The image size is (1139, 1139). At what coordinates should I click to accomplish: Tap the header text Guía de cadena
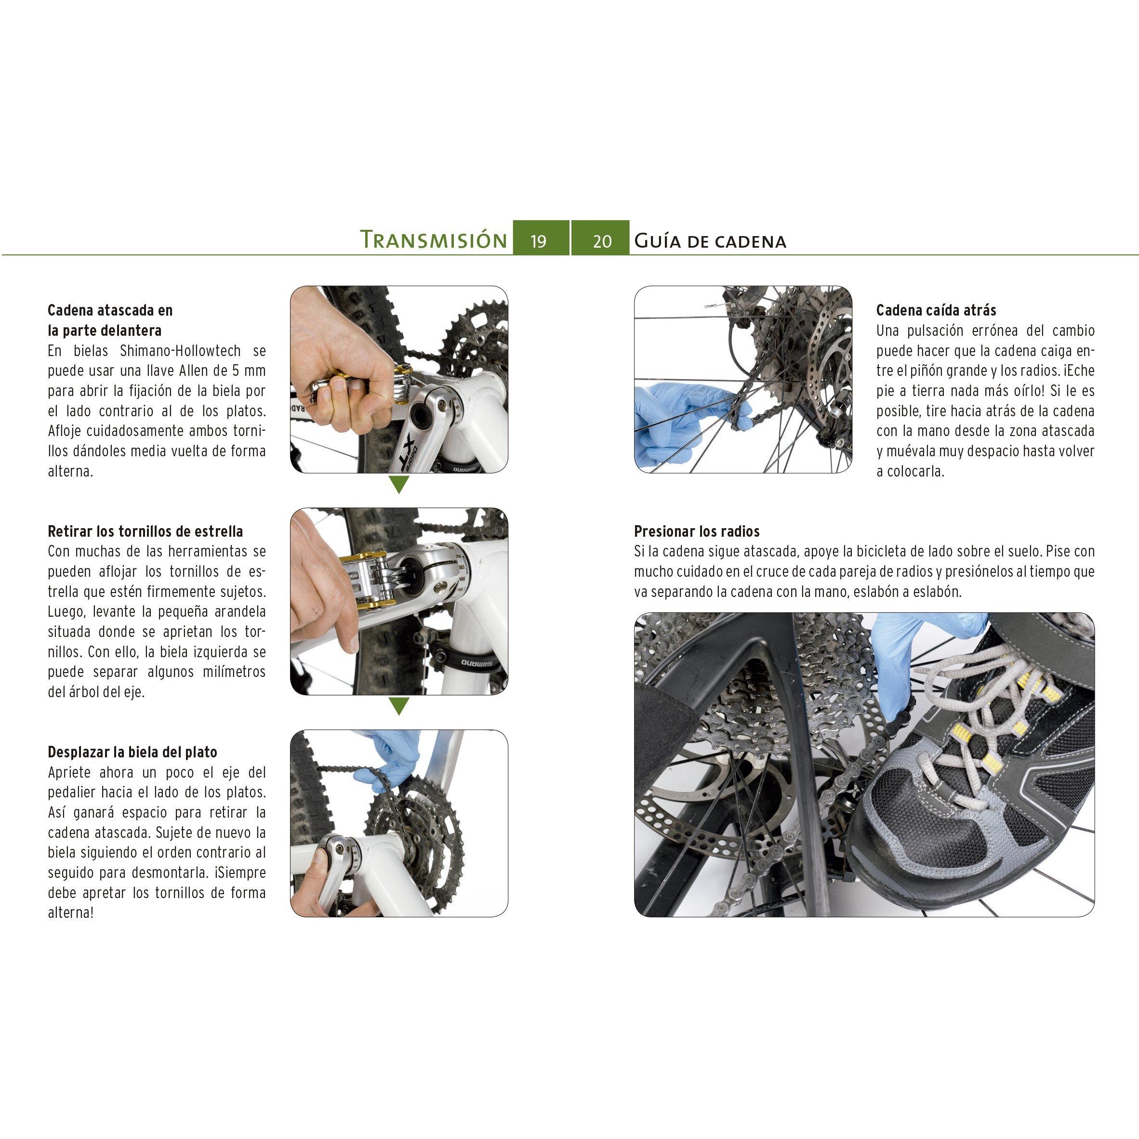710,240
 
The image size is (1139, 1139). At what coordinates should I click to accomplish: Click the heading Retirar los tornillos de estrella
145,531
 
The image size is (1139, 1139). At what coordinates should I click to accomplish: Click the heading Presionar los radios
697,531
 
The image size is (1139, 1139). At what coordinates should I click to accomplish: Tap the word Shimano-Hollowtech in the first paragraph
180,351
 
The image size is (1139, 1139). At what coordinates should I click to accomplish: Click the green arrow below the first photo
399,485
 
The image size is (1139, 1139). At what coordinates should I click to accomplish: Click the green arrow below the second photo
399,706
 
